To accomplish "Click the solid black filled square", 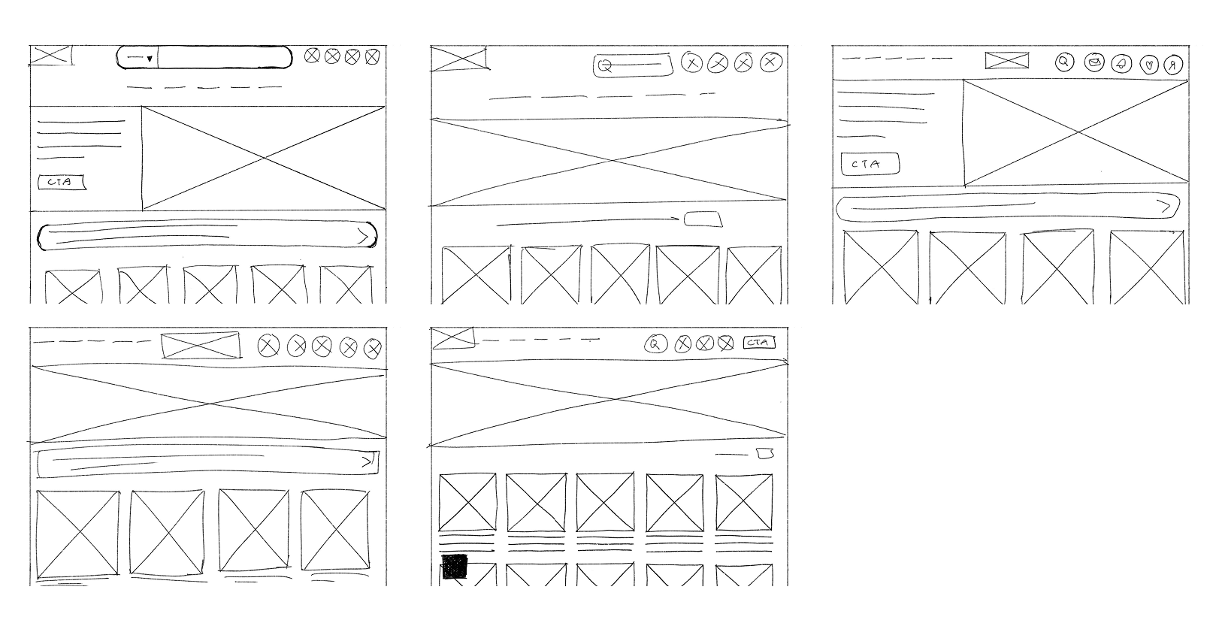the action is [454, 567].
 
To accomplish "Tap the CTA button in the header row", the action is [758, 343].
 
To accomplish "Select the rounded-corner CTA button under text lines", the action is [870, 164].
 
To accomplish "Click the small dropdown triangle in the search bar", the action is [150, 59].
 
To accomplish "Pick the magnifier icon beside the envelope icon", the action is [1063, 62].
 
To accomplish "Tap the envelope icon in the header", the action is [1095, 62].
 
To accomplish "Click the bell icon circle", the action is [1121, 64].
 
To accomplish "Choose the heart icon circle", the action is [1148, 65].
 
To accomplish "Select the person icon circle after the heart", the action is [1172, 65].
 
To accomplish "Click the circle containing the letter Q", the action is [655, 344].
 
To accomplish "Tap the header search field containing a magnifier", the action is [632, 65].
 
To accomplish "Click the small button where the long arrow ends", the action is [703, 219].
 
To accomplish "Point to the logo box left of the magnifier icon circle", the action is [1007, 60].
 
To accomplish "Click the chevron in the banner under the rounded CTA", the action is [1164, 206].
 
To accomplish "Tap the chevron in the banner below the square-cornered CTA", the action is [363, 237].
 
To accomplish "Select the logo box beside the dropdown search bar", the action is [51, 56].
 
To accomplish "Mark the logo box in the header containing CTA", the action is [453, 338].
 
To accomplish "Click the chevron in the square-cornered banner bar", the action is [367, 461].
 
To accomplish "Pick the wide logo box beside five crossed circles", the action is [201, 345].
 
